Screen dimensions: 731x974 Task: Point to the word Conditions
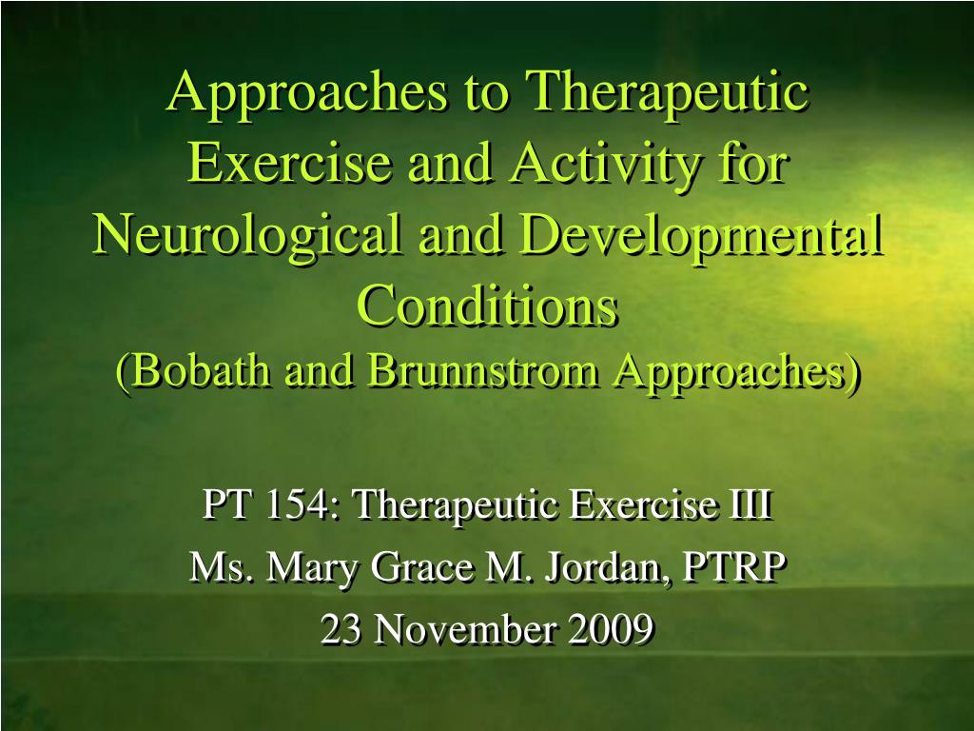tap(487, 305)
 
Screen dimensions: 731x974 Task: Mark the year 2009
tap(611, 629)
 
